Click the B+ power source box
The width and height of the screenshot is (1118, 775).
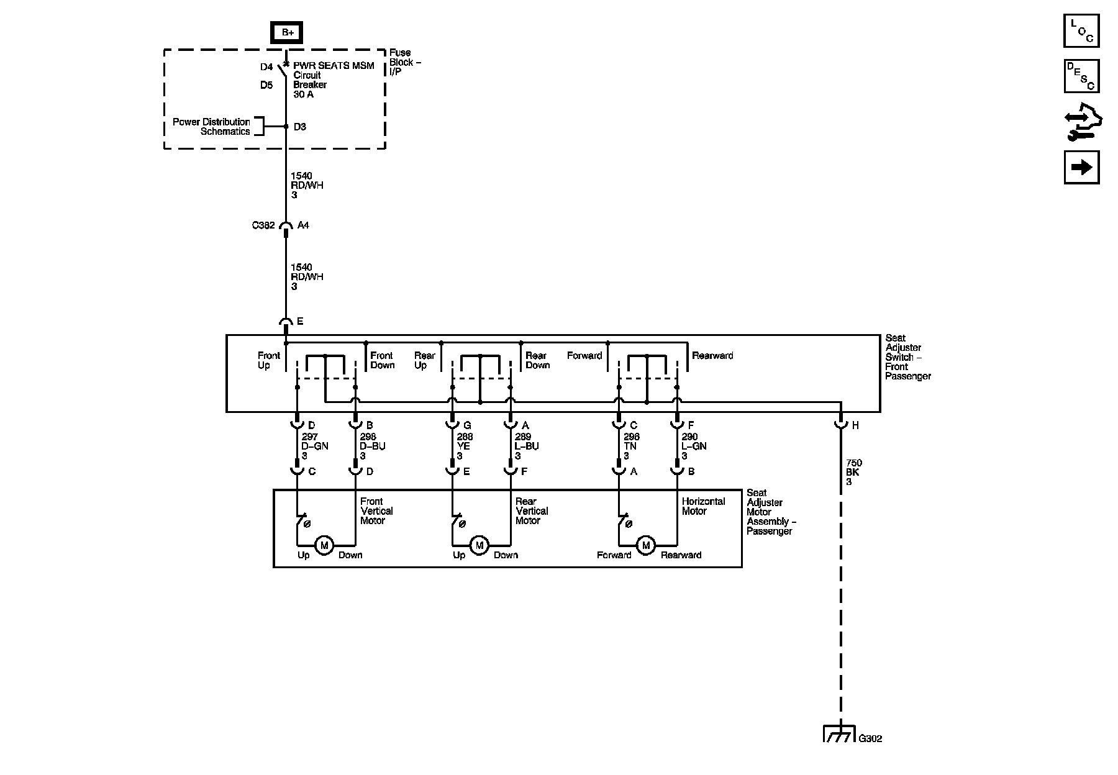(287, 33)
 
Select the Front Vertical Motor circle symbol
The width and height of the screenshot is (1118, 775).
(324, 545)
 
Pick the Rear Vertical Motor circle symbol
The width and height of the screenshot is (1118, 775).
(479, 545)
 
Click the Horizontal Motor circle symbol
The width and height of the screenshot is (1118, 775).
(646, 545)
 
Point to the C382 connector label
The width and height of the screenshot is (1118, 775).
(263, 225)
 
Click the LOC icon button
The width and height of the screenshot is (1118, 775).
(1081, 30)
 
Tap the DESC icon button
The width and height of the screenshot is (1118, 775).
(1081, 76)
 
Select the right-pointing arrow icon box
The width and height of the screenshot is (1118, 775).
(1081, 167)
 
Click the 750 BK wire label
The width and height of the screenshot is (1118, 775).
(853, 472)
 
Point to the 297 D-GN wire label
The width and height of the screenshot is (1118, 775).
(314, 446)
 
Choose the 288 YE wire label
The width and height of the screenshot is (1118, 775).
(465, 446)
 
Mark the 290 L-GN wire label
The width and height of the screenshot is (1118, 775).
(693, 446)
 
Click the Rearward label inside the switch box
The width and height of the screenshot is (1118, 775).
(712, 356)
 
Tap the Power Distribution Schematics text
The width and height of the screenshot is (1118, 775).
(211, 127)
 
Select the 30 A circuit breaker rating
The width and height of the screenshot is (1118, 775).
(303, 94)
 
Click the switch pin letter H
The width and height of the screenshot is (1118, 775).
(855, 425)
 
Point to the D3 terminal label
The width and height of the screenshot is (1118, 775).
(300, 127)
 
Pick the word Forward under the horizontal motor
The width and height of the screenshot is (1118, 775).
(614, 555)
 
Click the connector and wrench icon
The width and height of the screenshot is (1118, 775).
(1081, 123)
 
